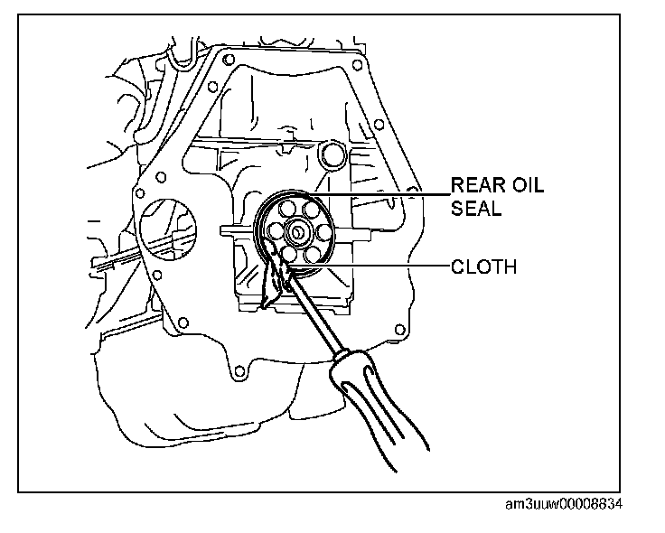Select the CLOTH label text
[x=484, y=266]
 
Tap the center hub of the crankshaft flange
[x=295, y=232]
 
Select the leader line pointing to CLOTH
[x=379, y=266]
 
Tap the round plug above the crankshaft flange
[x=332, y=154]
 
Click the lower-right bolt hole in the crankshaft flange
[x=312, y=252]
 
